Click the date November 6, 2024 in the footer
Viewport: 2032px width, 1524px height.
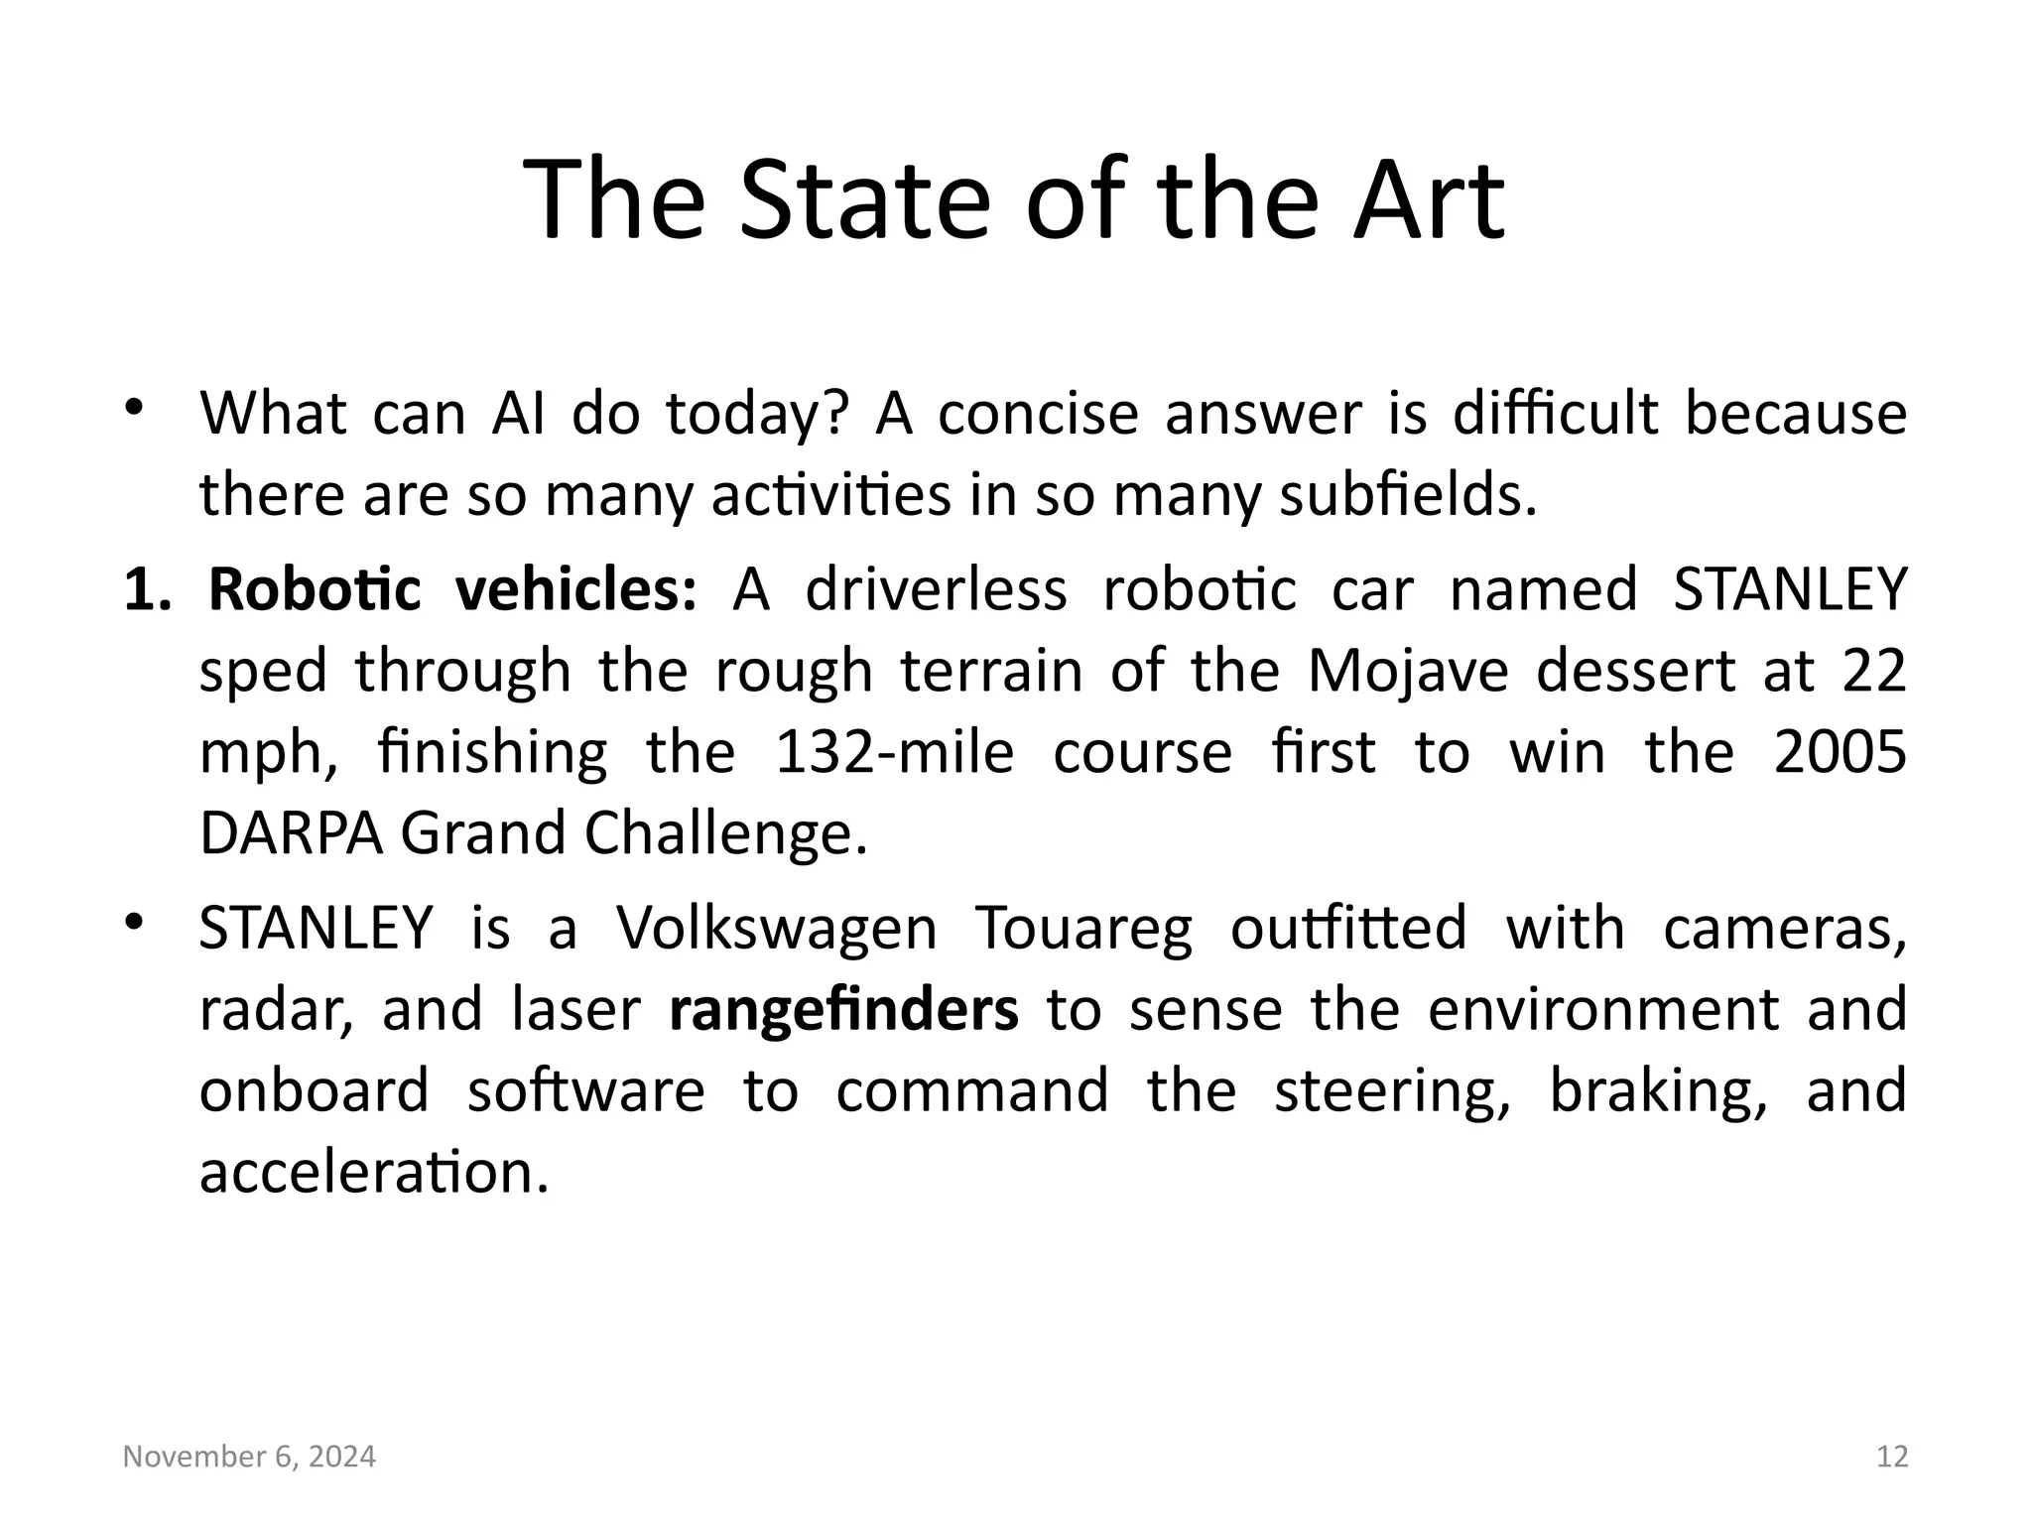249,1457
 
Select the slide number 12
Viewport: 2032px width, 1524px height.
1892,1457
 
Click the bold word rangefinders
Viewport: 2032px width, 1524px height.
843,1010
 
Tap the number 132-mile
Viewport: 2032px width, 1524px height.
894,752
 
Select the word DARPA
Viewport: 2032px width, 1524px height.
291,833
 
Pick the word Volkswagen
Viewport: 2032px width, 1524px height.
776,929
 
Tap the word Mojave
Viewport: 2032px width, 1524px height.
1408,671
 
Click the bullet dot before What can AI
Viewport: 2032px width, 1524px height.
135,407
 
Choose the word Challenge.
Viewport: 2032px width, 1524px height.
725,833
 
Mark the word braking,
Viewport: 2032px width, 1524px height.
1658,1091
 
